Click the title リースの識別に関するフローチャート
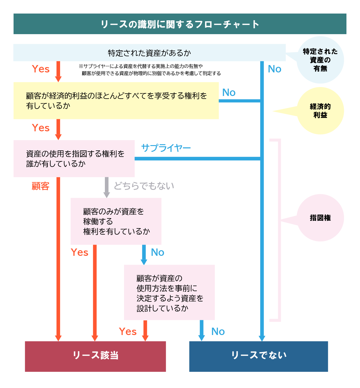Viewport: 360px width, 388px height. coord(180,24)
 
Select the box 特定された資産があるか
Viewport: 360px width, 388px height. coord(149,53)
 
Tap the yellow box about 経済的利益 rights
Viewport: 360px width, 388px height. coord(116,101)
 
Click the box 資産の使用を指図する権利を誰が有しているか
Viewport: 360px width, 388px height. coord(74,159)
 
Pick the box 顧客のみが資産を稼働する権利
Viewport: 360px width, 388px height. coord(116,221)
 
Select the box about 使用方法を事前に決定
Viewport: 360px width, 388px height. coord(169,292)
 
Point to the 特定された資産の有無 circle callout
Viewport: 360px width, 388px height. coord(320,60)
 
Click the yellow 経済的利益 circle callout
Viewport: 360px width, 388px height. coord(320,111)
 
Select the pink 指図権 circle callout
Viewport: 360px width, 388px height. coord(320,218)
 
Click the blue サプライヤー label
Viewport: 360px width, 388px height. coord(166,148)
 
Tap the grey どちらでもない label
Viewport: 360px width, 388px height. coord(144,186)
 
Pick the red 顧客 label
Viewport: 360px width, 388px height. coord(41,186)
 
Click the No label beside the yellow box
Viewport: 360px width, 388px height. coord(229,92)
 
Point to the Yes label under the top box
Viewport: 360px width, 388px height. coord(41,69)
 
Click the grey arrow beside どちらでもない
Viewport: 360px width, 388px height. coord(107,187)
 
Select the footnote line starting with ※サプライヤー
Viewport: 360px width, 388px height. coord(141,66)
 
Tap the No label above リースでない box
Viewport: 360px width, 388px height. coord(218,331)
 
